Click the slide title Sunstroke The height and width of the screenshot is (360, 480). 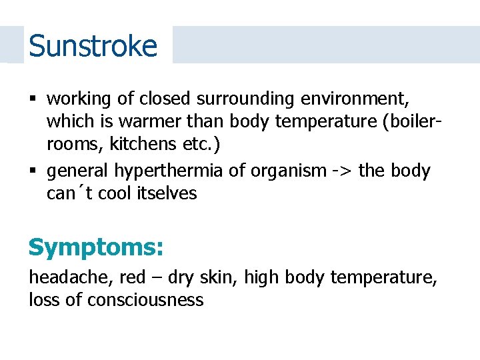tap(93, 46)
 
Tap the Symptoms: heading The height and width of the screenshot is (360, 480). tap(95, 247)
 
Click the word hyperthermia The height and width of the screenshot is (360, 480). tap(169, 171)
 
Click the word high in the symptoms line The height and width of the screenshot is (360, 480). tap(261, 277)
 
